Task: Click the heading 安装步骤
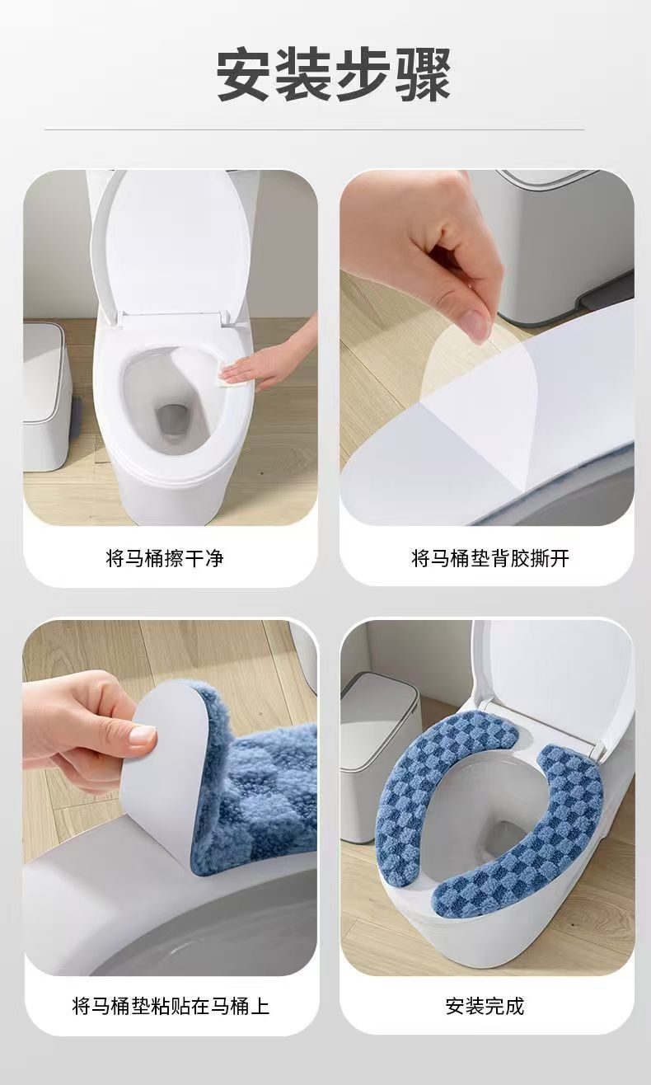(x=334, y=74)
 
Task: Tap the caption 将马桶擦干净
(x=165, y=558)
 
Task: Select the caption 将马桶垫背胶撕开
(x=490, y=558)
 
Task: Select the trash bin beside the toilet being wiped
(x=46, y=395)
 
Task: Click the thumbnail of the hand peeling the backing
(x=487, y=347)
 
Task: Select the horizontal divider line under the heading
(x=315, y=129)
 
